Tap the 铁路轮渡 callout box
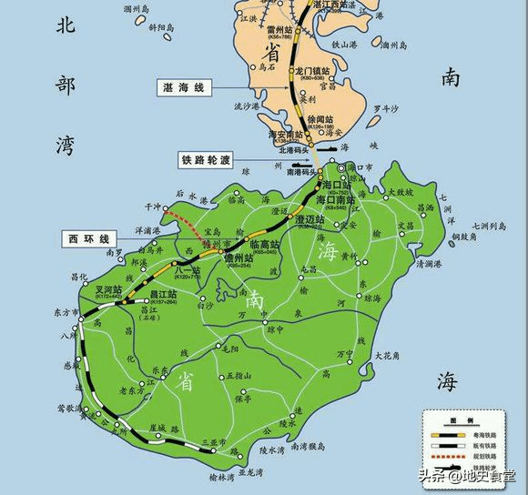(205, 160)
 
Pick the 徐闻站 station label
(319, 118)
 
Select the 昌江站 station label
(163, 295)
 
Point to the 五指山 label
(237, 375)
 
